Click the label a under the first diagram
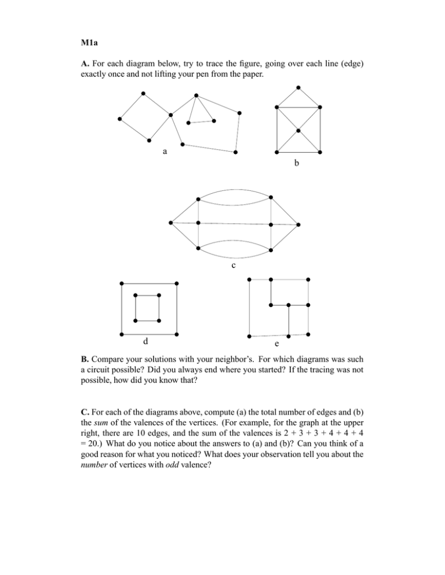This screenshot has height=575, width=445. pos(165,152)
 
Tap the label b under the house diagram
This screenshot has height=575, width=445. pos(297,164)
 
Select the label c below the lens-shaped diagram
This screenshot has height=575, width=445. pos(232,266)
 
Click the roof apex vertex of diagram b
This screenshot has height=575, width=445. pos(298,87)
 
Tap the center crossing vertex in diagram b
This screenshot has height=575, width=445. pos(298,131)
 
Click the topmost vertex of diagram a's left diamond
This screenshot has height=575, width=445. pos(143,93)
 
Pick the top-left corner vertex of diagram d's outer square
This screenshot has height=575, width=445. pos(122,283)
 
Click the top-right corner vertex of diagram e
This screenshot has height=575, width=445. pos(308,280)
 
